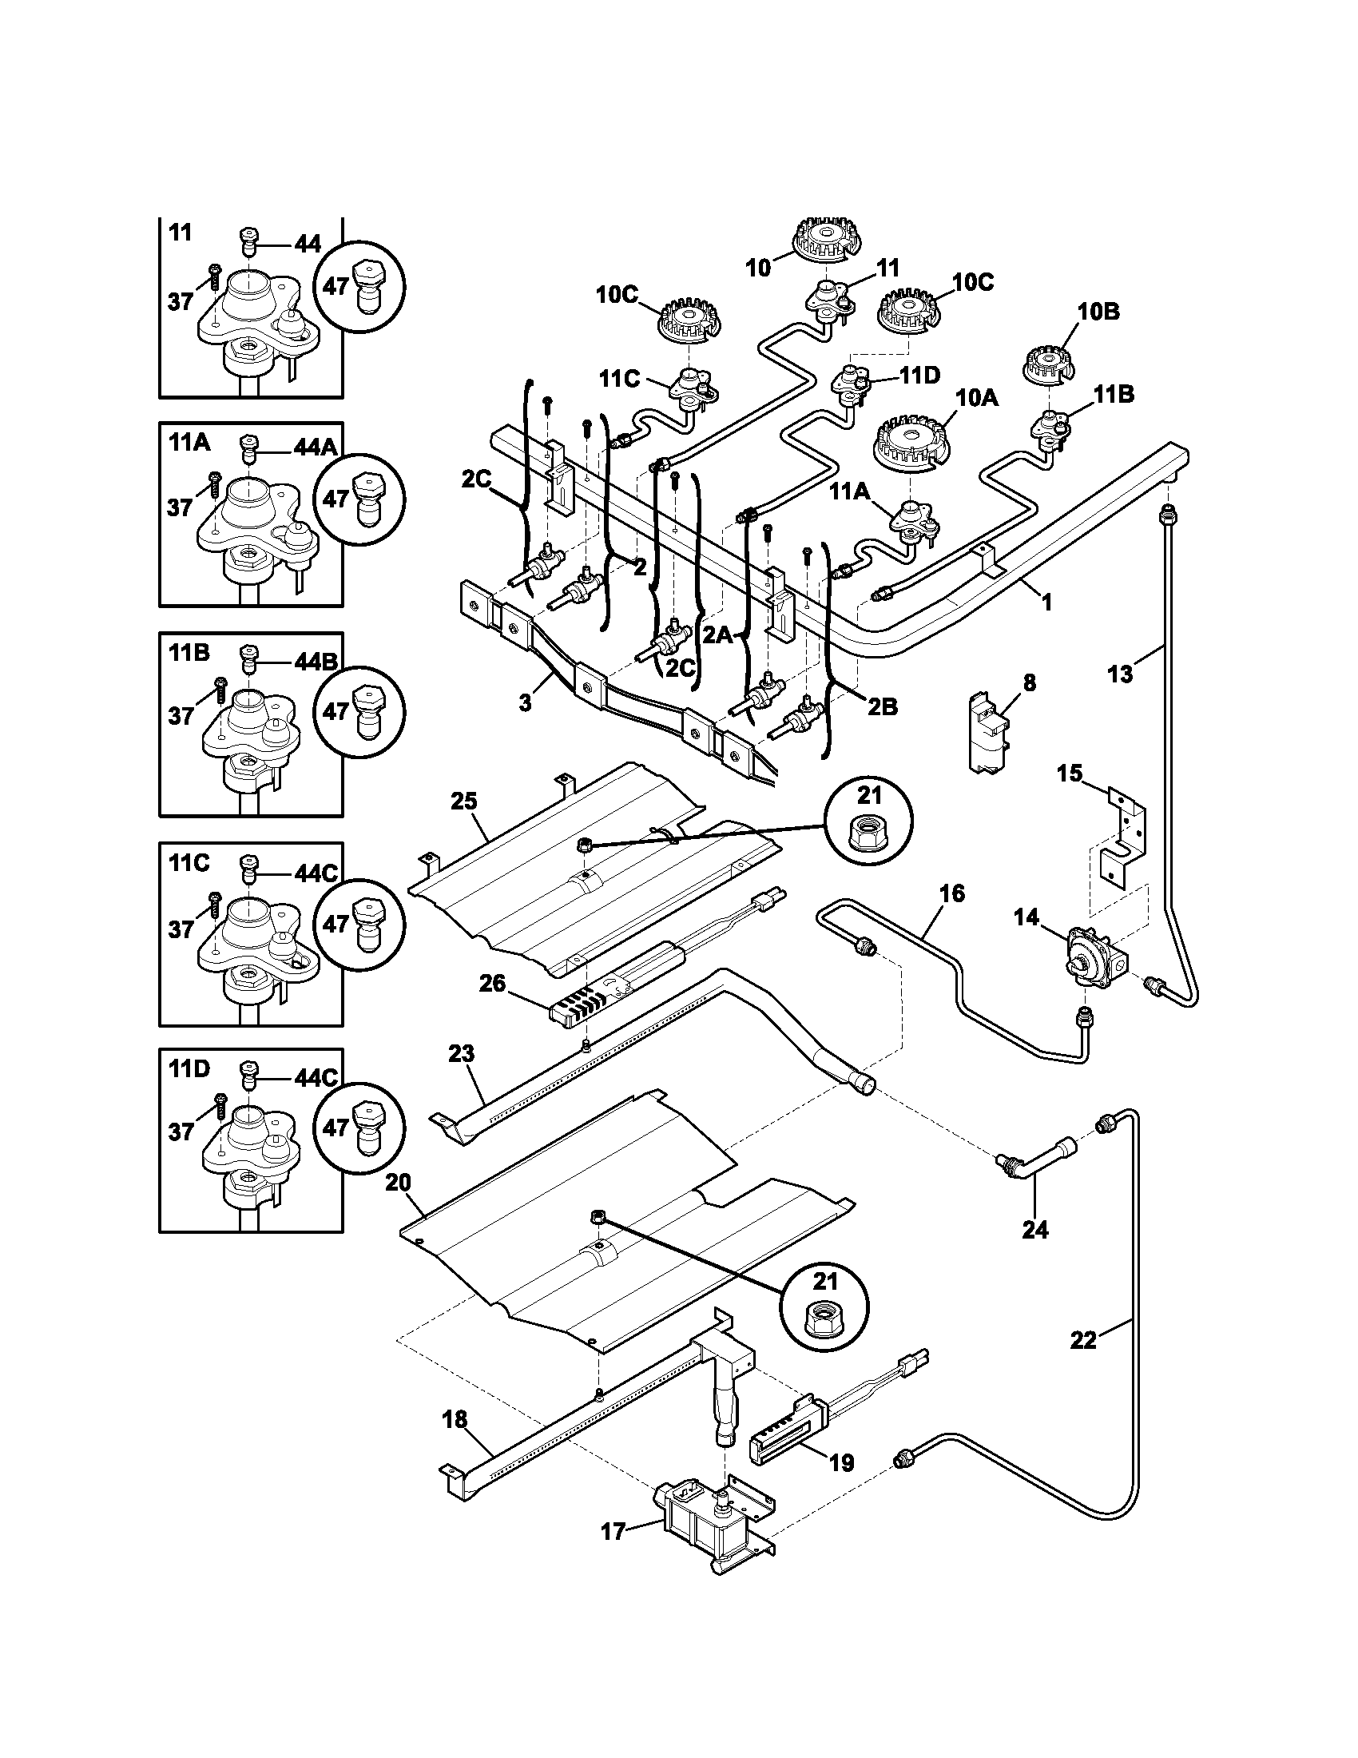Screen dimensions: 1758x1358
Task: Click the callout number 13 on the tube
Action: pos(1119,673)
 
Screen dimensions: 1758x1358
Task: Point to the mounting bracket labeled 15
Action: pos(1125,837)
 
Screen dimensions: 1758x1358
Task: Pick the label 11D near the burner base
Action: pos(919,375)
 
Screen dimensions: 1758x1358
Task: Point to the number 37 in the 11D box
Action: pos(181,1132)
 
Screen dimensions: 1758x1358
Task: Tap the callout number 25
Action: pos(464,801)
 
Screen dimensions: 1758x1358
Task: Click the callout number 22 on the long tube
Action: pos(1084,1339)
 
